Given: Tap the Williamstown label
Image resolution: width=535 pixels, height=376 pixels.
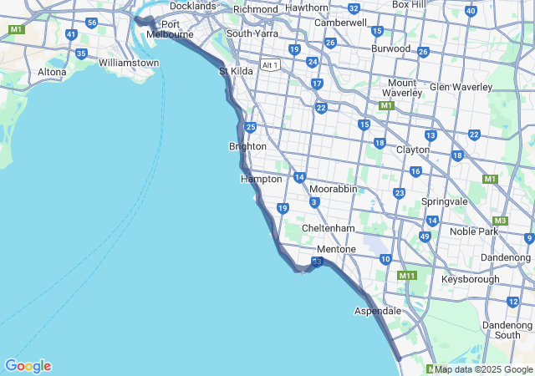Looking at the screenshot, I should [128, 63].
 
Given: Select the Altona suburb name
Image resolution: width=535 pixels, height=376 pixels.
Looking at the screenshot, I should [52, 72].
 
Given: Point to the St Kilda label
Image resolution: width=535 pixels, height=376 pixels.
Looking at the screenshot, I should [236, 71].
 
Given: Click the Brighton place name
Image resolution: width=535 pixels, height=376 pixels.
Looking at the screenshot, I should [247, 146].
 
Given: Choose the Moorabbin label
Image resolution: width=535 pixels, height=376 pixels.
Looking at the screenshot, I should [333, 189].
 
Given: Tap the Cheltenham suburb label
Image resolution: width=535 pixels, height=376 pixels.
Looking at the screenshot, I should [329, 228].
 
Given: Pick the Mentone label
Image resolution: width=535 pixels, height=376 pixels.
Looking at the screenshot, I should [336, 249].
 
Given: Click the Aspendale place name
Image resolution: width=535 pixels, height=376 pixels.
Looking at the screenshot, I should [378, 311].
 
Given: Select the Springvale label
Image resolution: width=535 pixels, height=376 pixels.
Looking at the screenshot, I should [445, 202].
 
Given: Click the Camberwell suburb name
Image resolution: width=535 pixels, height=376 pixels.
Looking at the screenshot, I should [340, 23].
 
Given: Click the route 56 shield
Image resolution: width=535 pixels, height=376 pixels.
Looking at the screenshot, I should [92, 22].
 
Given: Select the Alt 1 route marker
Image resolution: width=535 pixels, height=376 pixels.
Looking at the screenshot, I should [270, 64].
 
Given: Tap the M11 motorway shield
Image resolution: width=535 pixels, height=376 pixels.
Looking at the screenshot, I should [407, 276].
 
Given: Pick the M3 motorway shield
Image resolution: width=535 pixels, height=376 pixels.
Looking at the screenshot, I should [501, 221].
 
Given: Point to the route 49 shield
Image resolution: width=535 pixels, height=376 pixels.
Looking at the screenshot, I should [425, 236].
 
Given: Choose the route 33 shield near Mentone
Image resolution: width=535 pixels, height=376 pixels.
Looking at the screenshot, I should [317, 262].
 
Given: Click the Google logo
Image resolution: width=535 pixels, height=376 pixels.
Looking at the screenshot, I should [28, 366].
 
